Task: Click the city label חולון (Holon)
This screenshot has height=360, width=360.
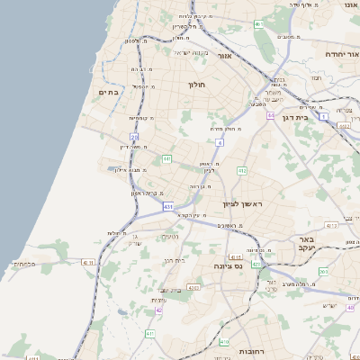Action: (x=198, y=85)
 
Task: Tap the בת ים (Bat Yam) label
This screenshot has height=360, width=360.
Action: (x=109, y=92)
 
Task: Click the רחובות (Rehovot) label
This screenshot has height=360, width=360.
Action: (x=242, y=351)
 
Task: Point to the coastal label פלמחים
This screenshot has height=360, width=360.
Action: (x=23, y=263)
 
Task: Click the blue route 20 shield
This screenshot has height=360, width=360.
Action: (x=134, y=137)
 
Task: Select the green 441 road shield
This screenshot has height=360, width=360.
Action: (x=166, y=158)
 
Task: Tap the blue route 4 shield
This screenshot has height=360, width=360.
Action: (x=219, y=142)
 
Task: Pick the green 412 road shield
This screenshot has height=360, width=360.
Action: (x=242, y=170)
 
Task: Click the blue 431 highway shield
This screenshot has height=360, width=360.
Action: (x=168, y=207)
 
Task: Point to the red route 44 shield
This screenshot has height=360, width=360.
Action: (x=270, y=116)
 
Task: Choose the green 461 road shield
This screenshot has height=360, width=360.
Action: (x=258, y=24)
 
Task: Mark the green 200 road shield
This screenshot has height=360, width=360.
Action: (x=323, y=271)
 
